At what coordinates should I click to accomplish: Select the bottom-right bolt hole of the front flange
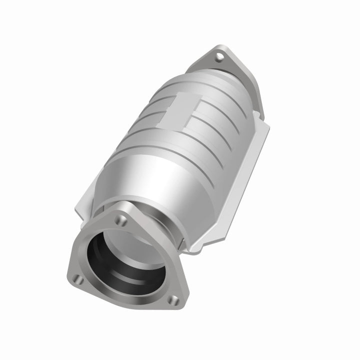point(174,300)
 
